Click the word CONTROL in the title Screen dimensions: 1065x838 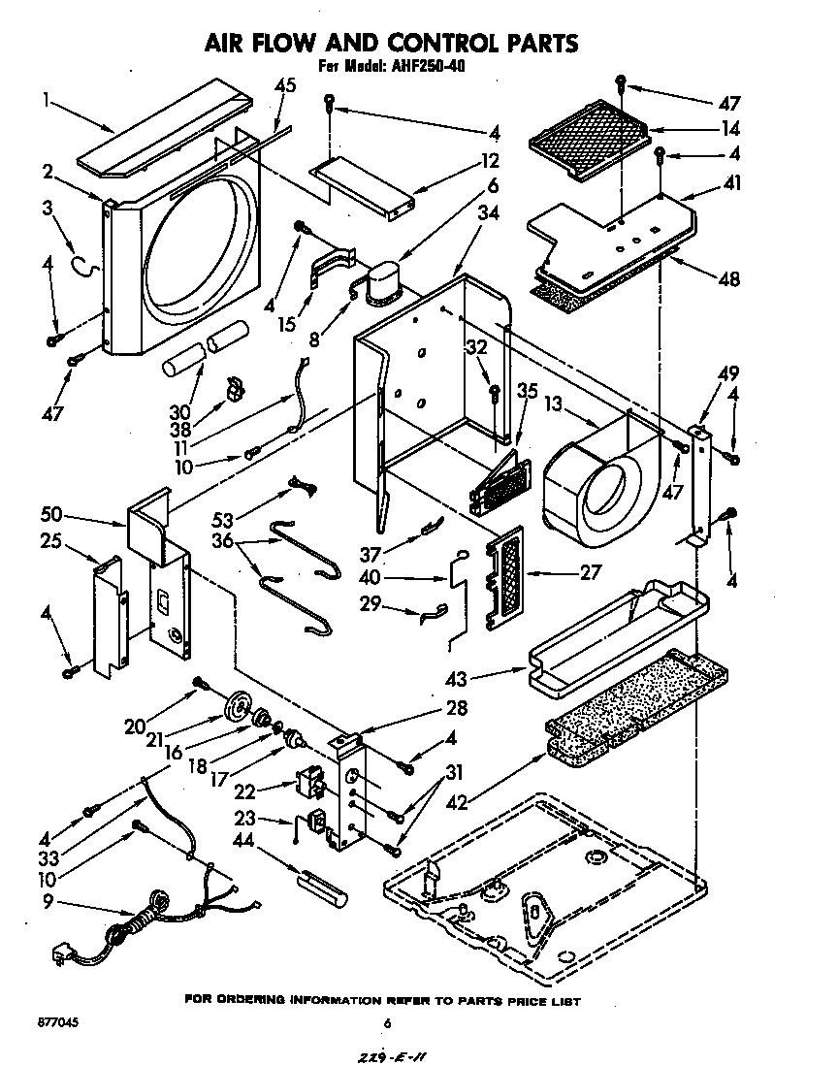pos(440,43)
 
